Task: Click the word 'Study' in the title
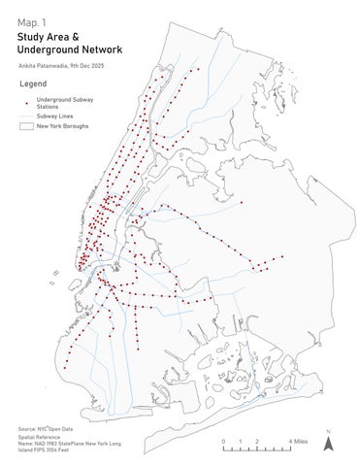tap(32, 36)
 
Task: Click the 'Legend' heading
tap(32, 84)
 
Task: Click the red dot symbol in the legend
tap(25, 102)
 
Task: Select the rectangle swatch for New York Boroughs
tap(25, 126)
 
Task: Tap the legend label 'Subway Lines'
tap(56, 115)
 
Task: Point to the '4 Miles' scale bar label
tap(300, 442)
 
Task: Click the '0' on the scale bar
tap(224, 442)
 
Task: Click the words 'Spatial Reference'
tap(40, 437)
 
